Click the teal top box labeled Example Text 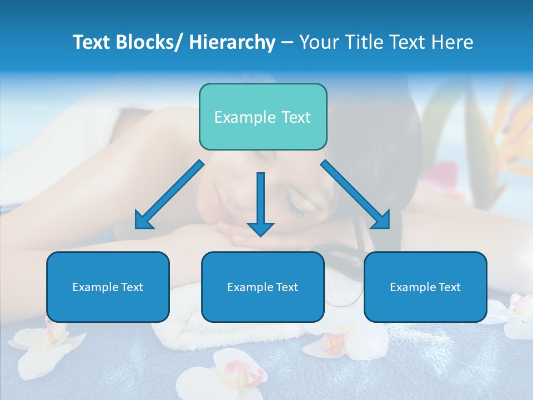pyautogui.click(x=263, y=117)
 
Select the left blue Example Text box pyautogui.click(x=108, y=287)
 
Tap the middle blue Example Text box pyautogui.click(x=263, y=287)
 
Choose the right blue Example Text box pyautogui.click(x=425, y=287)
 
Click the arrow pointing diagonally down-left pyautogui.click(x=169, y=194)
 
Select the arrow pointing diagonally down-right pyautogui.click(x=355, y=194)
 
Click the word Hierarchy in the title pyautogui.click(x=232, y=42)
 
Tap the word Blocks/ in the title pyautogui.click(x=149, y=42)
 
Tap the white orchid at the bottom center pyautogui.click(x=233, y=372)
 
